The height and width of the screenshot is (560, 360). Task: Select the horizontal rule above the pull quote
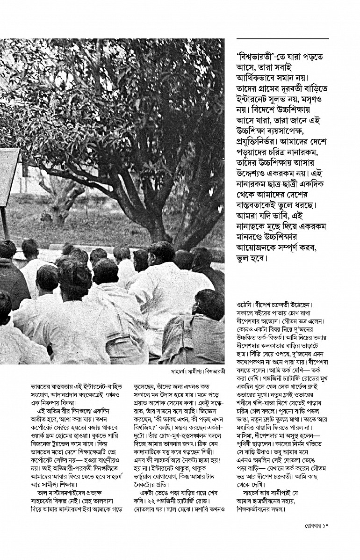[283, 38]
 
